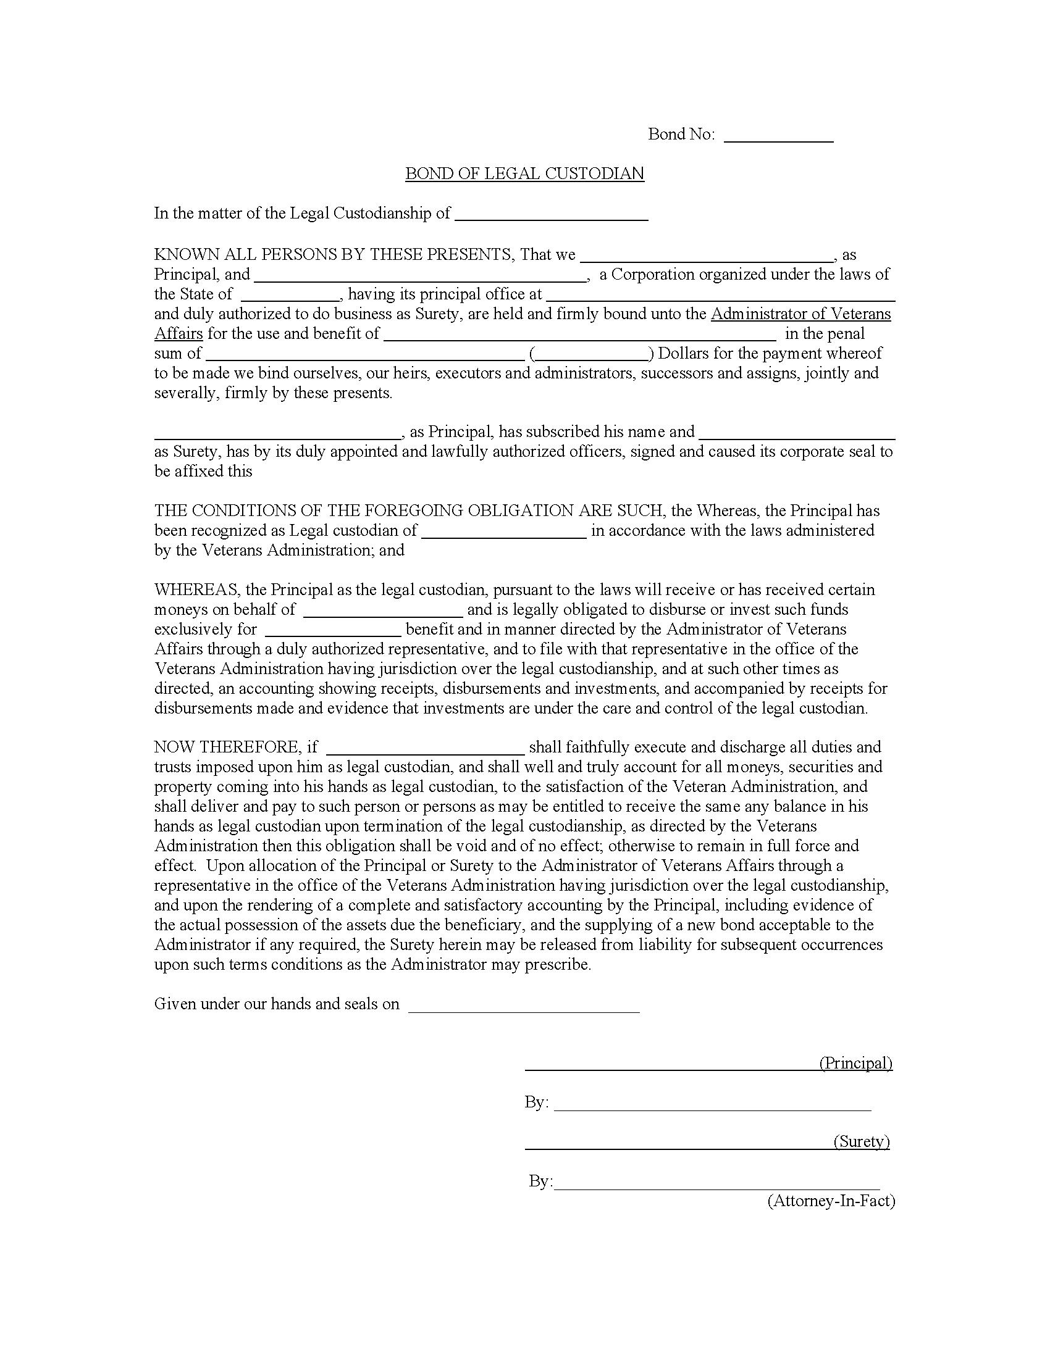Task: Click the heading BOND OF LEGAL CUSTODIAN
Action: click(x=524, y=173)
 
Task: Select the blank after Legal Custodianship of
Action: click(x=551, y=214)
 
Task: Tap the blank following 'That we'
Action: click(x=707, y=255)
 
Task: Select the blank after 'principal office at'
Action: click(x=720, y=294)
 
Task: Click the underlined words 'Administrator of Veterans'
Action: click(x=800, y=314)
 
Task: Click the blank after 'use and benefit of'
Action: click(x=580, y=334)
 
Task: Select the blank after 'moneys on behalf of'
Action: click(x=382, y=610)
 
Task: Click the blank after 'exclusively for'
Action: click(x=333, y=629)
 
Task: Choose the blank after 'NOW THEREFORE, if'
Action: click(x=425, y=748)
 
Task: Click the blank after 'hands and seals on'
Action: click(x=523, y=1004)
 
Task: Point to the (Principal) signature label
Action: click(x=855, y=1063)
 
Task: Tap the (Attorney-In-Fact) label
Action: click(x=830, y=1201)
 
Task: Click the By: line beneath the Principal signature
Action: click(x=712, y=1102)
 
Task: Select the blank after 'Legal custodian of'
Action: click(x=504, y=531)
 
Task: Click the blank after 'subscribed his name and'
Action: click(x=797, y=432)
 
